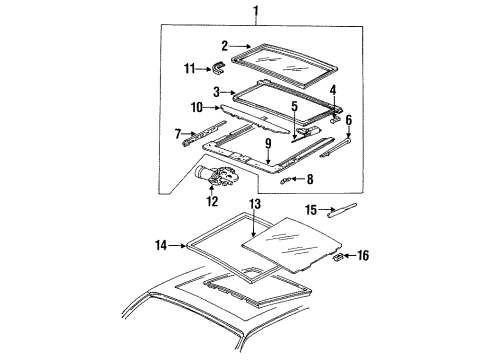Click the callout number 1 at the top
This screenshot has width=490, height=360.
[254, 12]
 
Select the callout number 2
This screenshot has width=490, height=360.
[225, 45]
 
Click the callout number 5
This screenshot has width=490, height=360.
[293, 105]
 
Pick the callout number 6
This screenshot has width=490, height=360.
[349, 119]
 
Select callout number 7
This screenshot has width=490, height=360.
[178, 133]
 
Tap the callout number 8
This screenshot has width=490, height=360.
[308, 180]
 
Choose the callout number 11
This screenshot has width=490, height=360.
[190, 69]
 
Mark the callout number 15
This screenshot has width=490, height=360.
[311, 210]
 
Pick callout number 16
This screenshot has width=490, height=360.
[363, 257]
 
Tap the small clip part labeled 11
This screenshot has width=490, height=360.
[219, 67]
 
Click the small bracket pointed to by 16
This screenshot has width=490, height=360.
[339, 256]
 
